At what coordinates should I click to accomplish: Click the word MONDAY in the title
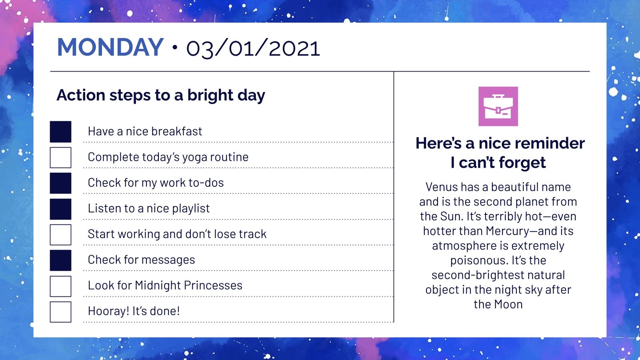[110, 47]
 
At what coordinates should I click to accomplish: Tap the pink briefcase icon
[498, 106]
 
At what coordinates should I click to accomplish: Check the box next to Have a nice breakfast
[60, 132]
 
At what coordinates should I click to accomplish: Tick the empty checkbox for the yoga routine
[60, 158]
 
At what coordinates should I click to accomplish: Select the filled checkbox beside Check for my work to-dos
[60, 183]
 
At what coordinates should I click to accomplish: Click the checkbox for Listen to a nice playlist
[60, 209]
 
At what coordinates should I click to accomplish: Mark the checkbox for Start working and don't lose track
[60, 234]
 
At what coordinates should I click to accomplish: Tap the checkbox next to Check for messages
[60, 260]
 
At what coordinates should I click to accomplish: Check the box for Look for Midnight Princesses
[60, 286]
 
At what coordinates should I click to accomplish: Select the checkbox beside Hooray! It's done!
[60, 312]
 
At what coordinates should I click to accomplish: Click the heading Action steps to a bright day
[161, 95]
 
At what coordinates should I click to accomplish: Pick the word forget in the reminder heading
[522, 163]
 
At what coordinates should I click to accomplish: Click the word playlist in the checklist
[191, 208]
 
